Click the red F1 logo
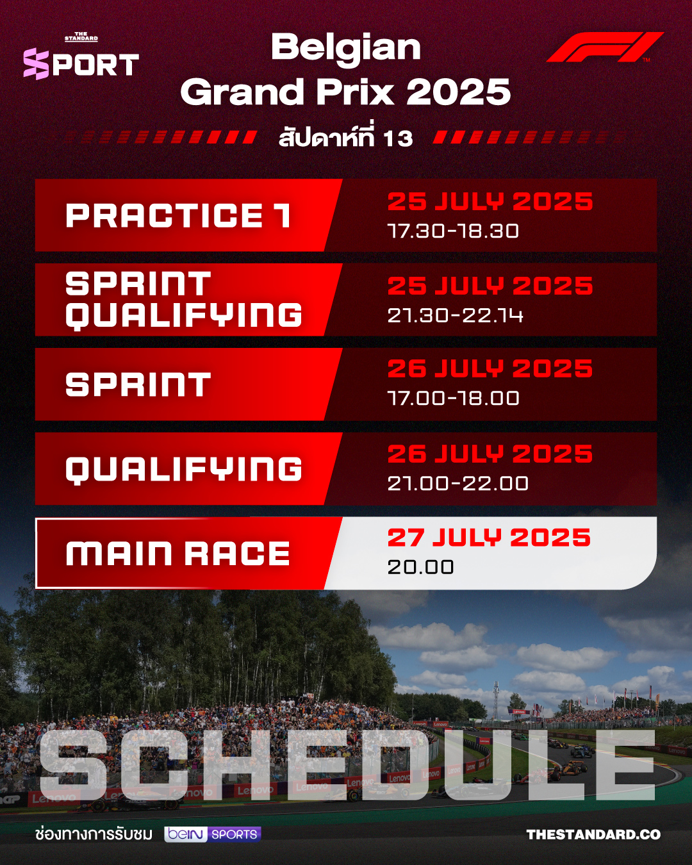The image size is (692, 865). [x=604, y=47]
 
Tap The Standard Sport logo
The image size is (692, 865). [x=81, y=56]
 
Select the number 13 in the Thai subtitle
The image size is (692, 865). [x=398, y=138]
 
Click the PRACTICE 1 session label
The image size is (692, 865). [x=178, y=215]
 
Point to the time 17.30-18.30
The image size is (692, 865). [x=453, y=231]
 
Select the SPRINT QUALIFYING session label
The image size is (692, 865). [x=183, y=300]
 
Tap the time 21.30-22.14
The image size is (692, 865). [x=455, y=315]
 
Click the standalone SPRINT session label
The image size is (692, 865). [x=138, y=384]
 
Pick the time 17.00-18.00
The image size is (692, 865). [x=453, y=399]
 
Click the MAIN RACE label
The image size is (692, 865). [x=177, y=554]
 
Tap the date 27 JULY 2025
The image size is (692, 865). [x=489, y=538]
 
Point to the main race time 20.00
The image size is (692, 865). [x=420, y=568]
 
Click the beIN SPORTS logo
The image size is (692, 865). [x=213, y=834]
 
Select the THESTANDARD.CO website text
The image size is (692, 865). [x=593, y=835]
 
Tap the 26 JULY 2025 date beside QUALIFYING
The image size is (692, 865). [x=490, y=454]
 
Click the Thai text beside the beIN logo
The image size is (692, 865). [x=94, y=834]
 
